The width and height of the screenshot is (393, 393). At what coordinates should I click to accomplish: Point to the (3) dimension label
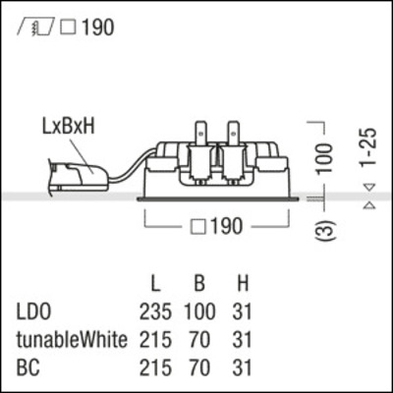click(x=331, y=232)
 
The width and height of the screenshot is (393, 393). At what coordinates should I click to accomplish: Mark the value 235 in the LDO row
click(x=154, y=313)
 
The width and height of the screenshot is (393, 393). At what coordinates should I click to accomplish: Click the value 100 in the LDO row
click(x=198, y=313)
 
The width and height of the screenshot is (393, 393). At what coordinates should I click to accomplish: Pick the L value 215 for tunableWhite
click(x=154, y=341)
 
